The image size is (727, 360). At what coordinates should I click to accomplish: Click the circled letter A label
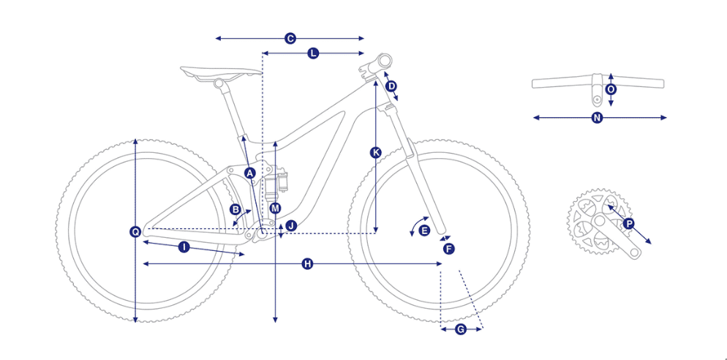[x=250, y=173]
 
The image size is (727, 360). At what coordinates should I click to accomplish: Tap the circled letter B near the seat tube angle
[x=236, y=210]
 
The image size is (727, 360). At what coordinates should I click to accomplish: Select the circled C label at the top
[x=290, y=39]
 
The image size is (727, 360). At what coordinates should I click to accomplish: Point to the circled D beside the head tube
[x=391, y=86]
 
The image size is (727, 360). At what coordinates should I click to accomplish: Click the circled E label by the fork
[x=424, y=230]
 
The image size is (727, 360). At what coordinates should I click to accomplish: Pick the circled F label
[x=448, y=249]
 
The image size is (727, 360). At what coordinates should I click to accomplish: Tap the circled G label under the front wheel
[x=461, y=329]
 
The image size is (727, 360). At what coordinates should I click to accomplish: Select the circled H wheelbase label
[x=307, y=264]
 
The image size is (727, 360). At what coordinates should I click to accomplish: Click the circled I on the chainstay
[x=184, y=247]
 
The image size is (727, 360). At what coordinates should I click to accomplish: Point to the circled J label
[x=291, y=226]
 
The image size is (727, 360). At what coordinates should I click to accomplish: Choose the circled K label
[x=375, y=152]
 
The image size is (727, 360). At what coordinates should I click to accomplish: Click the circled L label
[x=314, y=53]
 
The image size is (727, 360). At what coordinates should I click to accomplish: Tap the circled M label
[x=276, y=209]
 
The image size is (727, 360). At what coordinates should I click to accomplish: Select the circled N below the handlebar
[x=597, y=118]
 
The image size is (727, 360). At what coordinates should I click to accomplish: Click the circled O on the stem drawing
[x=611, y=89]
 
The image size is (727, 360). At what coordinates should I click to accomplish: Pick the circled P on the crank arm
[x=629, y=224]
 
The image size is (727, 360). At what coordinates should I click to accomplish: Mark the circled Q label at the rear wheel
[x=135, y=231]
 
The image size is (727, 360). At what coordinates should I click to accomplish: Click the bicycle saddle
[x=221, y=74]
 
